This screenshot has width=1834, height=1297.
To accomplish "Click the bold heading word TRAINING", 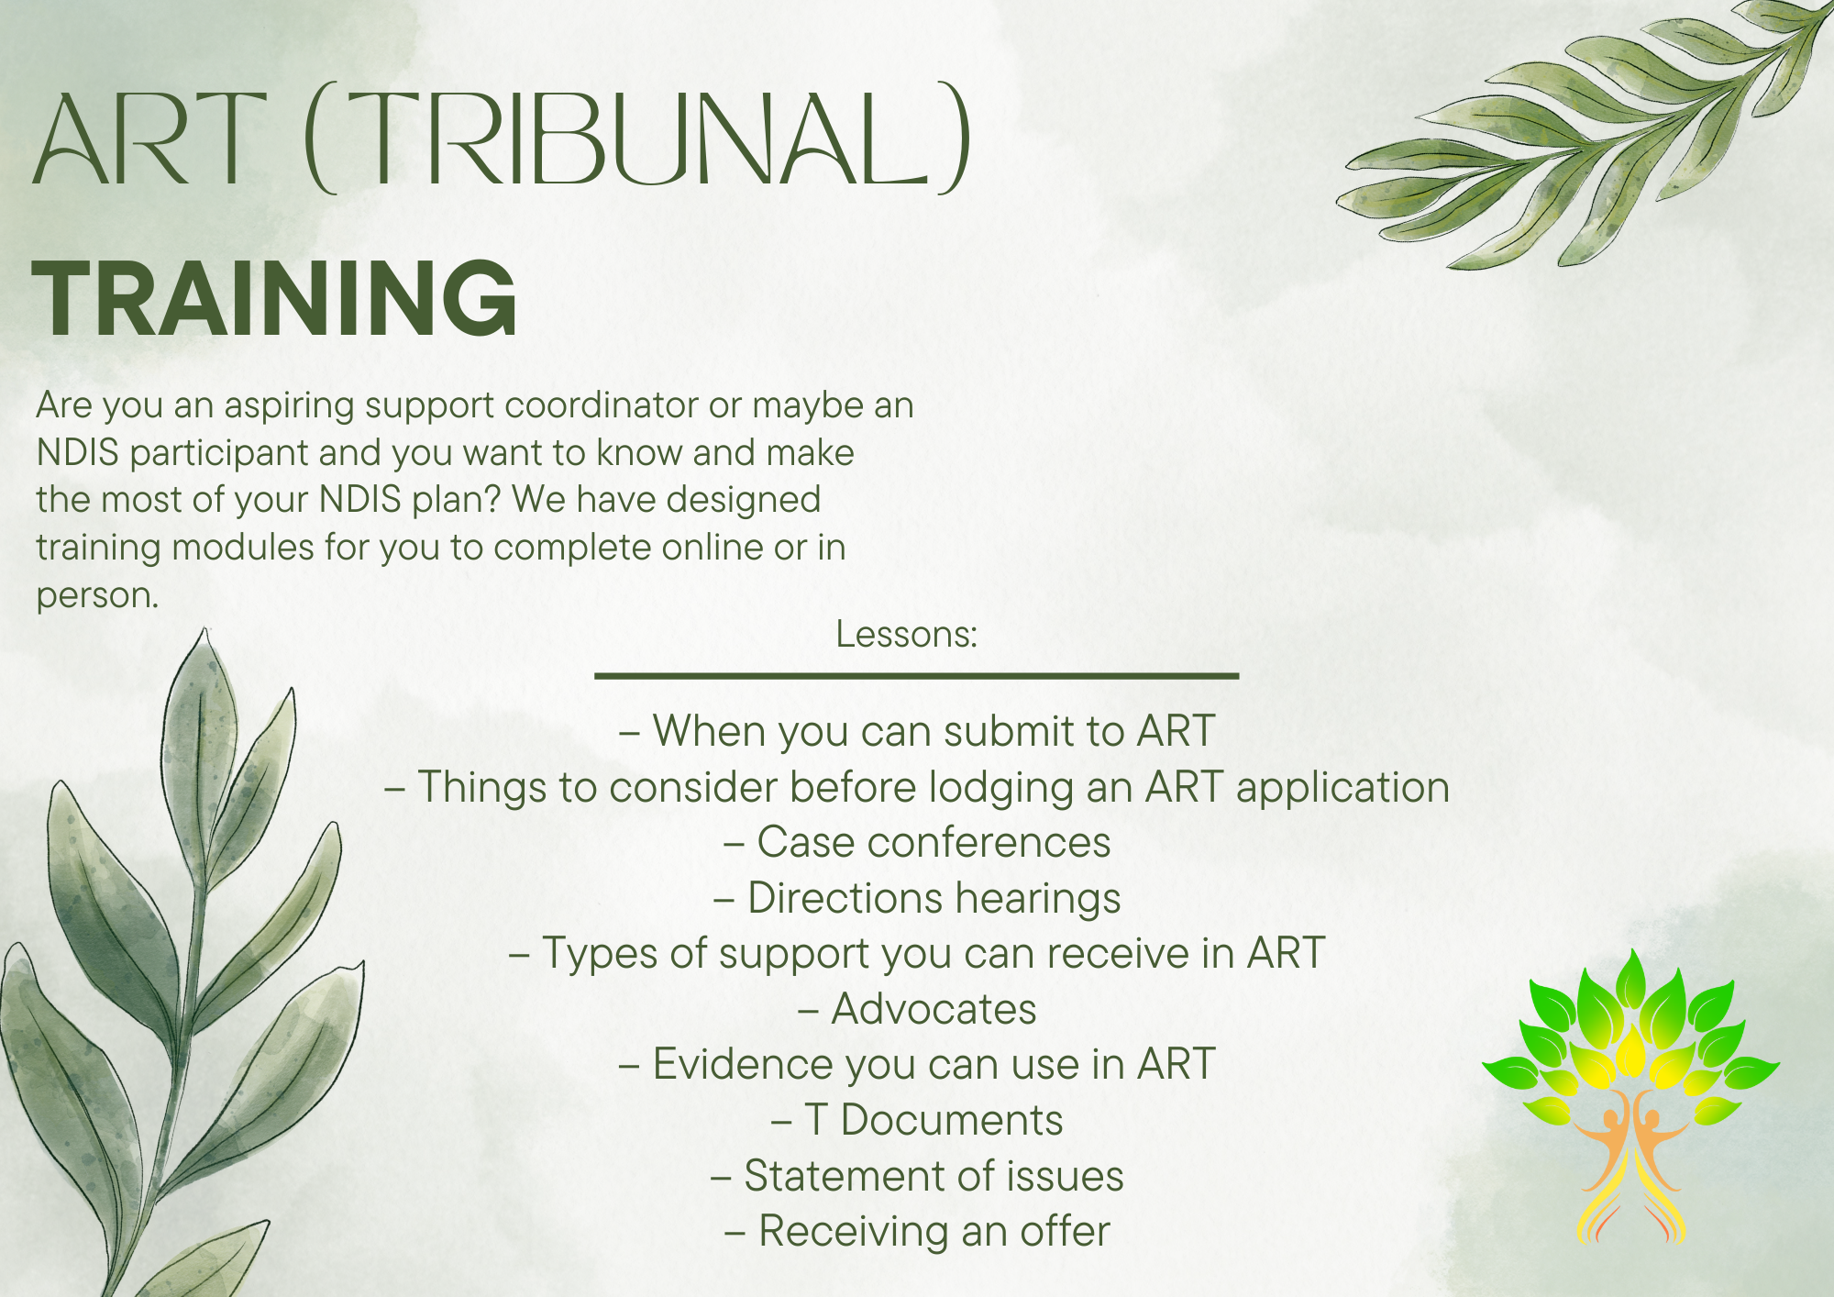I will point(275,298).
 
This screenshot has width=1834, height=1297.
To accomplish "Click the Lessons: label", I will point(906,635).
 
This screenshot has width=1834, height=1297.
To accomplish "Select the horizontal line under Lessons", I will point(917,676).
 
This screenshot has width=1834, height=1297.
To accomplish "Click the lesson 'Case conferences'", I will point(917,843).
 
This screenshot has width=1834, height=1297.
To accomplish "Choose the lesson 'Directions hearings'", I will point(917,898).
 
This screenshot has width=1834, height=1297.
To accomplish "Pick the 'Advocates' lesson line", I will point(917,1009).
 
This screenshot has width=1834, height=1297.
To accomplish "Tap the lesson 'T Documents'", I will point(917,1120).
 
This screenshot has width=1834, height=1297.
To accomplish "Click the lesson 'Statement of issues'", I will point(917,1176).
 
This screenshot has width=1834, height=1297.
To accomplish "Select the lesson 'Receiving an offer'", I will point(917,1231).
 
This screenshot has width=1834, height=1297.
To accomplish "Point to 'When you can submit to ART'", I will point(917,731).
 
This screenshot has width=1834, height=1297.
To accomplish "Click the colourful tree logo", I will point(1630,1092).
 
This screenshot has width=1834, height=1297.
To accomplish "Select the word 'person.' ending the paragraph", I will point(97,595).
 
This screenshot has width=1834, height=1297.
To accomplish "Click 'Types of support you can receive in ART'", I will point(917,954).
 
